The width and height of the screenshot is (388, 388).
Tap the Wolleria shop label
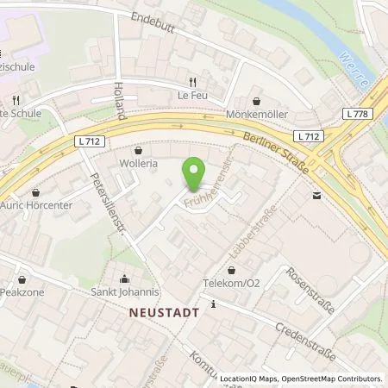(x=137, y=162)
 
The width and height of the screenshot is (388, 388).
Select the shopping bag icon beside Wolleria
(x=137, y=150)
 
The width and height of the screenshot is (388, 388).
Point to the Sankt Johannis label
(x=127, y=291)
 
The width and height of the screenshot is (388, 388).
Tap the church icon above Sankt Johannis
(x=127, y=278)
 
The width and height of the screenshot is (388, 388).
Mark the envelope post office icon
(x=316, y=197)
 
